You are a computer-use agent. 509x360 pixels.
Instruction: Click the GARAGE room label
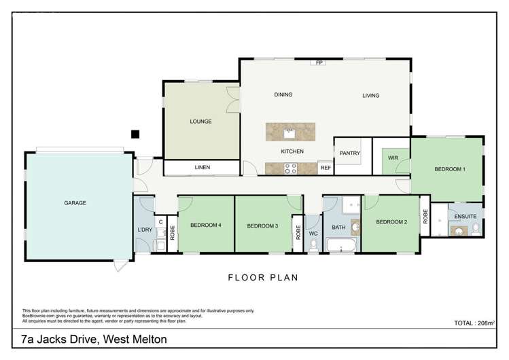[x=75, y=202]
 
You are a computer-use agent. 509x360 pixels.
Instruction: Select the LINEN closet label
[x=202, y=167]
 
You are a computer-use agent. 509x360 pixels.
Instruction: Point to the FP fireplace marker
[x=319, y=63]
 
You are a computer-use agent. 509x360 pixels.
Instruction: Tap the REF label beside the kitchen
[x=326, y=168]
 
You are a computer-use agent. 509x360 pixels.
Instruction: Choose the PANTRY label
[x=351, y=154]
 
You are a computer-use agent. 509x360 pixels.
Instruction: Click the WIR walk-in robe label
[x=392, y=158]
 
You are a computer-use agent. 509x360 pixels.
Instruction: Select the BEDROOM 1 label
[x=450, y=169]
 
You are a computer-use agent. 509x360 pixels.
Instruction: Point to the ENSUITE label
[x=466, y=216]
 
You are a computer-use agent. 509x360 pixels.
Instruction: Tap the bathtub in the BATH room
[x=341, y=245]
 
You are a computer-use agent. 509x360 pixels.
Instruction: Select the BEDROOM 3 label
[x=262, y=226]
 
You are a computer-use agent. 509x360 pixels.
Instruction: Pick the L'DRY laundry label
[x=144, y=230]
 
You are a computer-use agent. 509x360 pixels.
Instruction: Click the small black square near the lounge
[x=135, y=134]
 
